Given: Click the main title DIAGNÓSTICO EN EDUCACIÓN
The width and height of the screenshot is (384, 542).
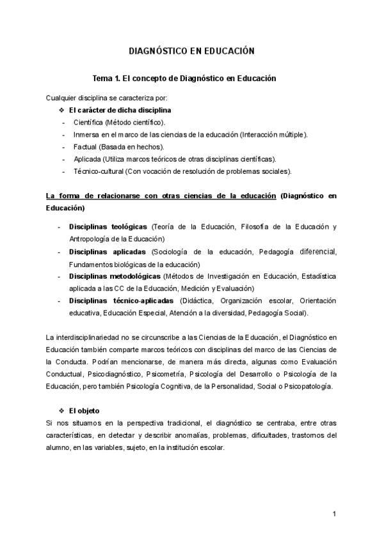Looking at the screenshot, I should [x=192, y=51].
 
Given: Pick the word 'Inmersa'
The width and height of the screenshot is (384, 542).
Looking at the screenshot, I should [x=86, y=134].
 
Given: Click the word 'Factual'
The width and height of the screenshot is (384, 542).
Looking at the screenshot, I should [x=85, y=146].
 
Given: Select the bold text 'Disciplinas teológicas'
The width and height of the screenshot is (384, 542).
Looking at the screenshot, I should [x=108, y=227].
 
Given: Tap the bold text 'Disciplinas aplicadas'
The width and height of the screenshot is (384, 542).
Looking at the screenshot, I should [x=107, y=252].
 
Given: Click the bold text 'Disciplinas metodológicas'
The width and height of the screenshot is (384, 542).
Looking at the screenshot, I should [x=115, y=276].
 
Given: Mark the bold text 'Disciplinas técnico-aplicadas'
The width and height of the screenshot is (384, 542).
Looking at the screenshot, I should [x=121, y=300].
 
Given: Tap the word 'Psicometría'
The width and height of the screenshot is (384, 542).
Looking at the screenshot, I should [x=166, y=374].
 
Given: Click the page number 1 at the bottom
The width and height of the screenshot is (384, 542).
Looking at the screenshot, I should [x=334, y=514].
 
